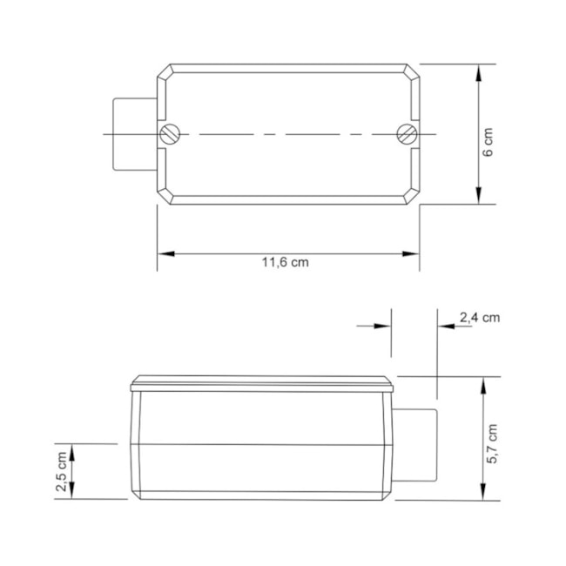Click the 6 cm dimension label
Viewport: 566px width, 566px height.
pos(489,141)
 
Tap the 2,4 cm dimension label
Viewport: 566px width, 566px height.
pos(479,318)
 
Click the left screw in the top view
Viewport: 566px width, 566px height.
pos(170,134)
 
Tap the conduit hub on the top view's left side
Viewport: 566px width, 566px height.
pos(132,134)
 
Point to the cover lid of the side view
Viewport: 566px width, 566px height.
pos(262,383)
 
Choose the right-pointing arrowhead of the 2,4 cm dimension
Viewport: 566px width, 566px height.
pos(384,326)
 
